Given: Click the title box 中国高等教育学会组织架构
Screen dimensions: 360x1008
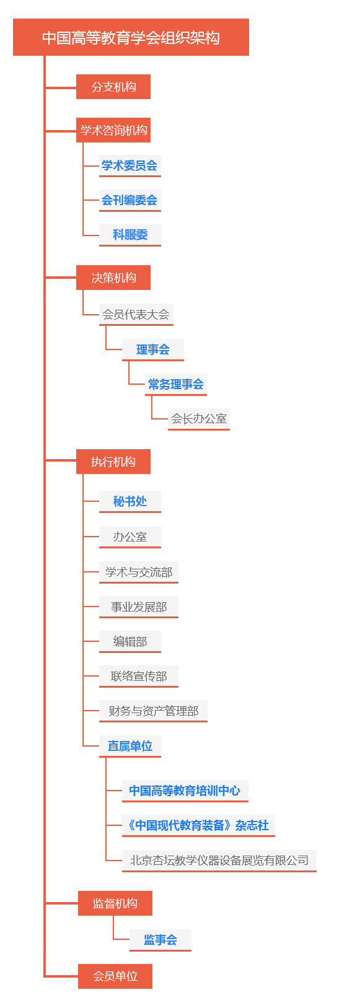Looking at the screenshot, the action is (x=131, y=37).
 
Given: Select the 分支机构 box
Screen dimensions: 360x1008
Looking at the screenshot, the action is (x=113, y=87).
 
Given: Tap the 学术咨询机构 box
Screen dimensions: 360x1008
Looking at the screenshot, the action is (x=113, y=131).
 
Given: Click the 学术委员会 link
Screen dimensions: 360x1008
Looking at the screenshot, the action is (x=130, y=165).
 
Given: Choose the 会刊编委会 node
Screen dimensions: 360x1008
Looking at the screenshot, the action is (x=130, y=200).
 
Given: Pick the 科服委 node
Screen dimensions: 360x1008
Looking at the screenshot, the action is (x=130, y=235).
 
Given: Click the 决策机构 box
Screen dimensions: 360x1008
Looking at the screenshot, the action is (x=113, y=278).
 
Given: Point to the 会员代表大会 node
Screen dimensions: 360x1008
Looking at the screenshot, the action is (x=136, y=315).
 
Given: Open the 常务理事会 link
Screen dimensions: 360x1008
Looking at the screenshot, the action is (x=176, y=384).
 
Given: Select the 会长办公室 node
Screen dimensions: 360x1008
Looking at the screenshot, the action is (x=199, y=419).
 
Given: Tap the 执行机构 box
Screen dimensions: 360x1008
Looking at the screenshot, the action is (x=113, y=462).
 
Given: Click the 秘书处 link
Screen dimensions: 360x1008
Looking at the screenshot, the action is (x=130, y=501).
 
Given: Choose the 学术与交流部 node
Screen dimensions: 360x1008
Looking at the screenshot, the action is (x=139, y=572).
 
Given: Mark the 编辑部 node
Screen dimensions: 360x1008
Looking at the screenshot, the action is (x=130, y=642).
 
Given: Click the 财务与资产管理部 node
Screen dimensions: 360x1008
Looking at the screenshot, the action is (x=154, y=711).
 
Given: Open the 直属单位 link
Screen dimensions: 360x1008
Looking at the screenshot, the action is (x=130, y=746).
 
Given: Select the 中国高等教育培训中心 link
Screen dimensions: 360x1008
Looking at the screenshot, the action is (x=185, y=791).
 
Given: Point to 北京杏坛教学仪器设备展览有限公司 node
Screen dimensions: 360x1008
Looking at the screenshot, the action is (x=219, y=861).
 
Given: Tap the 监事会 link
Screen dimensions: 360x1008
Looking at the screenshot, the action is (x=160, y=940).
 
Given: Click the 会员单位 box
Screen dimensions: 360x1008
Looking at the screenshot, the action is (x=115, y=976).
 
